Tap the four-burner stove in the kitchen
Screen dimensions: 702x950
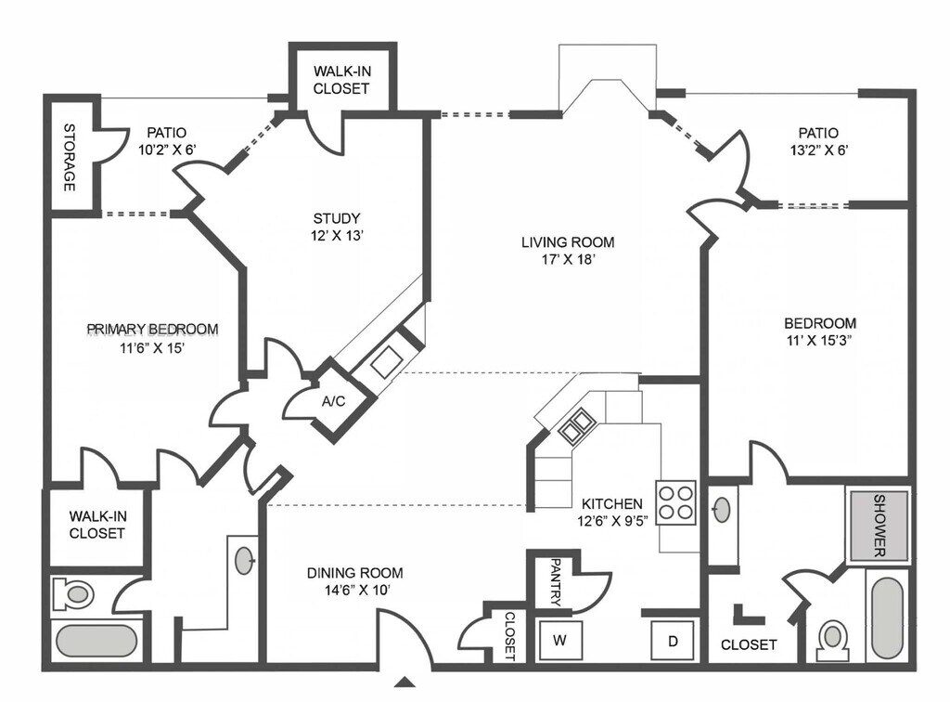coord(675,501)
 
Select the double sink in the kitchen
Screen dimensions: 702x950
coord(576,424)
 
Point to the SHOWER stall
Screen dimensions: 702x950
coord(878,526)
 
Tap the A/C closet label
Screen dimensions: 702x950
coord(333,401)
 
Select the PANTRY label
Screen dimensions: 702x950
coord(555,582)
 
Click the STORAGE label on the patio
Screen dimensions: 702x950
coord(69,157)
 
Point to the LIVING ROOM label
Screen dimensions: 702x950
coord(567,242)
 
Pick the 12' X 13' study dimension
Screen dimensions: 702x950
coord(337,236)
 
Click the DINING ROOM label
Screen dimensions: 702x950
coord(355,573)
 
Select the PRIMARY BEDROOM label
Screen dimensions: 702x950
coord(152,329)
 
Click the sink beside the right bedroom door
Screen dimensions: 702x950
coord(722,509)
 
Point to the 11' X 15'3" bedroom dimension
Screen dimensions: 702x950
coord(819,340)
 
